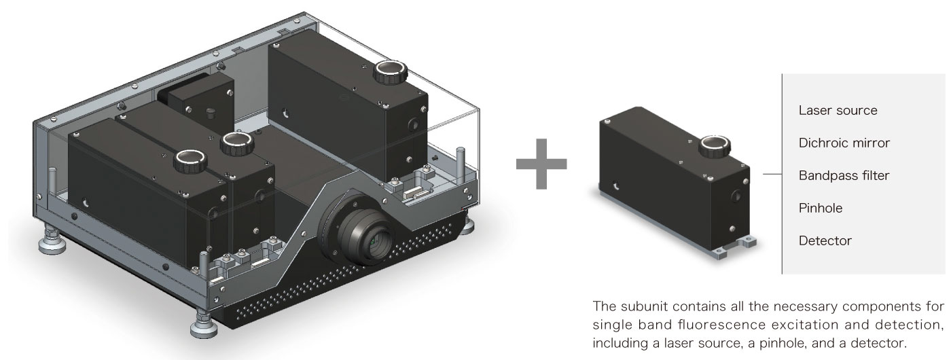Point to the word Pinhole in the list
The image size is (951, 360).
821,209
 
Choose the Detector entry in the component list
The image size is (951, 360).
825,240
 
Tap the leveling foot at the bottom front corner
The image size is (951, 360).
203,328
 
